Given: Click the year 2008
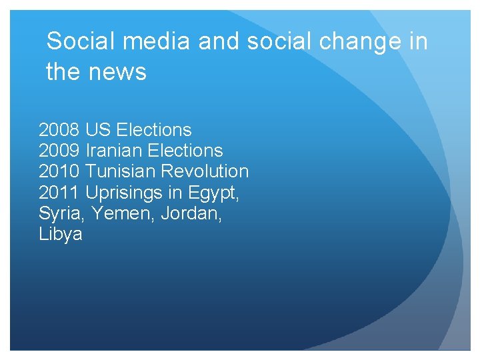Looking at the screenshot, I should click(59, 130).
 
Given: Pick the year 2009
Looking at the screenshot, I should click(59, 151).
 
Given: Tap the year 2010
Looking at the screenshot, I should click(59, 171).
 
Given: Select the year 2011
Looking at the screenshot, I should click(59, 193).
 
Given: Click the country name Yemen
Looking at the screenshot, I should click(116, 214).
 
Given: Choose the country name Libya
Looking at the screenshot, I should click(61, 235).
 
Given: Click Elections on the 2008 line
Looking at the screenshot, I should click(153, 130).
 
